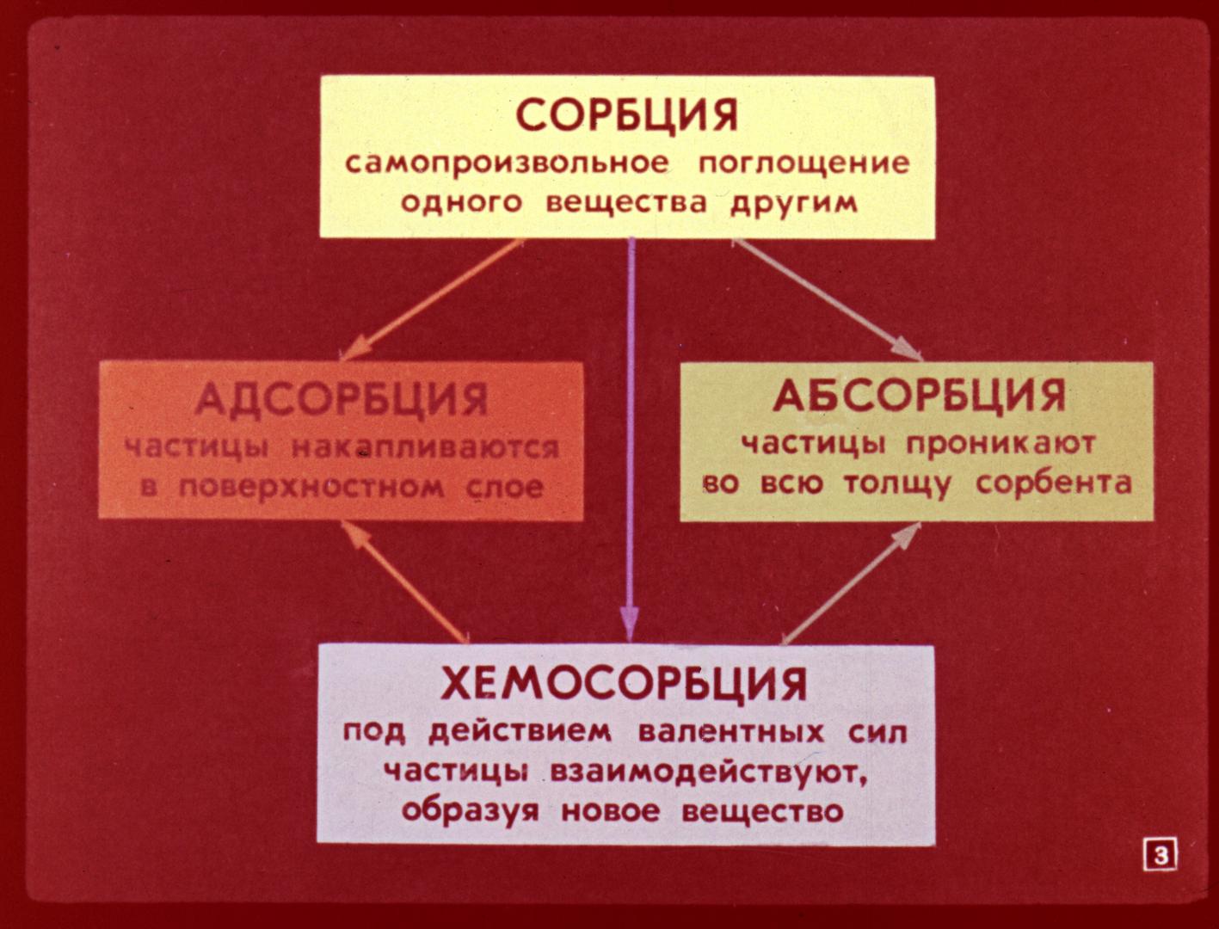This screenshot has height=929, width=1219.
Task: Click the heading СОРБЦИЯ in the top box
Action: click(627, 115)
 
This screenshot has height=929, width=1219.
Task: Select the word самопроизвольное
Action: click(507, 164)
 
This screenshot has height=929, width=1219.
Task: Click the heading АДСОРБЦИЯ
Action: click(342, 399)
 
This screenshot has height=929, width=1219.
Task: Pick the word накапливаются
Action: click(425, 448)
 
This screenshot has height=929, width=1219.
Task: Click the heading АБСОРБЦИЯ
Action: click(919, 396)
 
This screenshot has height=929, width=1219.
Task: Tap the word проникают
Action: click(1000, 444)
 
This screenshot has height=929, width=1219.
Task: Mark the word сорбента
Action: click(1054, 483)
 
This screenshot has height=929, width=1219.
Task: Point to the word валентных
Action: click(731, 732)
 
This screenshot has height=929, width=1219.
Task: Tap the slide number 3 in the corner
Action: click(1161, 856)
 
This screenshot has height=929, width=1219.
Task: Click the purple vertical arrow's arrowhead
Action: click(629, 625)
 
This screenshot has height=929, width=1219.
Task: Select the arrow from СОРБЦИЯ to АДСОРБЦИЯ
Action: click(432, 300)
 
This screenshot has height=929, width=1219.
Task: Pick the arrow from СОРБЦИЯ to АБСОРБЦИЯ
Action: click(828, 300)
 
